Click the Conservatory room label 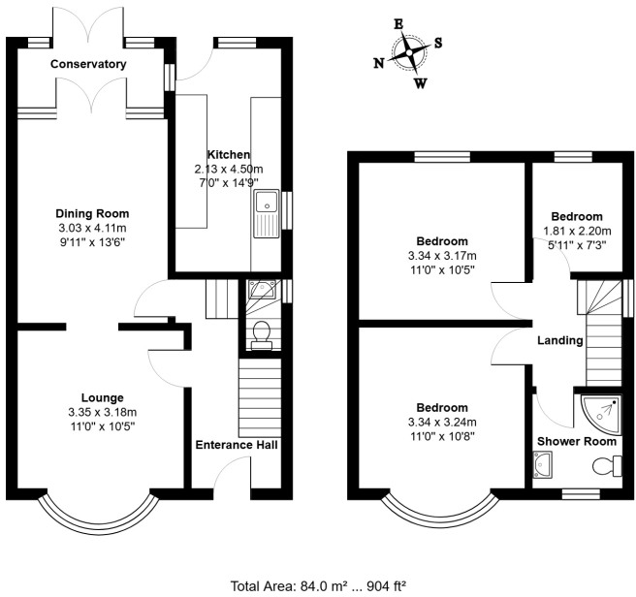pos(88,64)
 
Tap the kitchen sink pos(267,213)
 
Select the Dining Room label pos(92,214)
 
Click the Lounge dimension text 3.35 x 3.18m pos(102,413)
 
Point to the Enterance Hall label pos(237,445)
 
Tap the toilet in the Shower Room pos(607,465)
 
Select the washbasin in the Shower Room pos(542,465)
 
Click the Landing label pos(560,341)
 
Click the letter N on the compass pos(379,63)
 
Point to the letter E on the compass pos(398,24)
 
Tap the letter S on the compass pos(438,43)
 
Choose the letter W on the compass pos(421,83)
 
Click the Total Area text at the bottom pos(318,586)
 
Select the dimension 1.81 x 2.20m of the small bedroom pos(577,232)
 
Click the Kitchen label pos(229,154)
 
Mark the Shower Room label pos(577,441)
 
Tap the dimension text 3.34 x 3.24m pos(442,423)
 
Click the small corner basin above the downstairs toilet pos(262,289)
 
